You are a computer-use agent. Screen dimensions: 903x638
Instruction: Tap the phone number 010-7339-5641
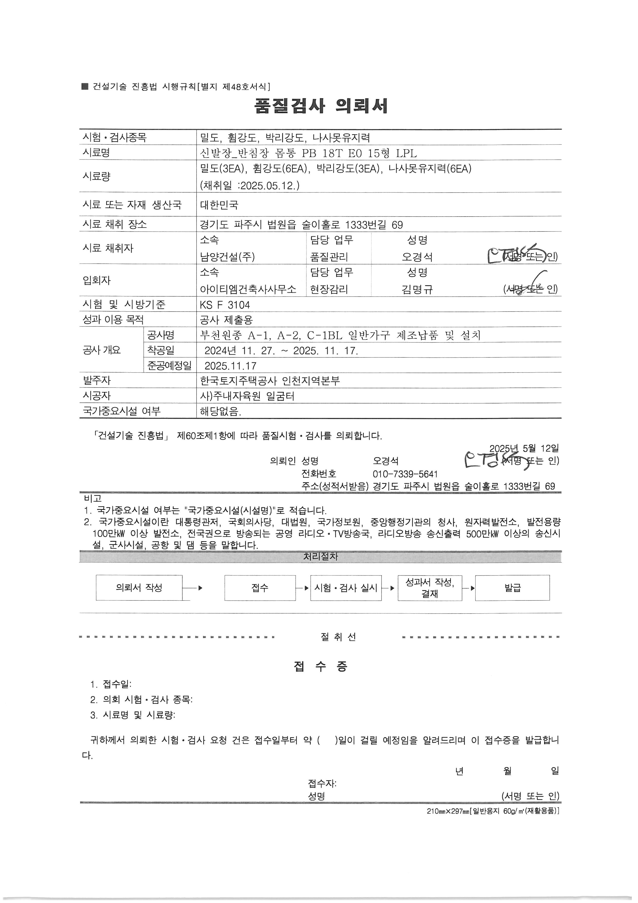coord(405,474)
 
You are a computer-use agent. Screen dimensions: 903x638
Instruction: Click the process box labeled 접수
coord(260,588)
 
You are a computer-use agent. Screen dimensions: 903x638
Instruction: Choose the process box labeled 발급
coord(512,588)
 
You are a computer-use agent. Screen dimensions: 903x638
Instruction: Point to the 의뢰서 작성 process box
coord(139,588)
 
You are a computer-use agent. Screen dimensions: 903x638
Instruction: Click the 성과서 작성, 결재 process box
coord(430,588)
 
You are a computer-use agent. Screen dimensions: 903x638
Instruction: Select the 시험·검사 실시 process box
coord(346,588)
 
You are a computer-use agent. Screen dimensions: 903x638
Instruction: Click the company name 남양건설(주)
coord(227,257)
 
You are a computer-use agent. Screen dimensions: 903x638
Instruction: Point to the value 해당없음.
coord(220,412)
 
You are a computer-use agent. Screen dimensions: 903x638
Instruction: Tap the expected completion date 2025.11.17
coord(231,366)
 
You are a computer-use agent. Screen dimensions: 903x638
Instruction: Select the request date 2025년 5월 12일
coord(524,448)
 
